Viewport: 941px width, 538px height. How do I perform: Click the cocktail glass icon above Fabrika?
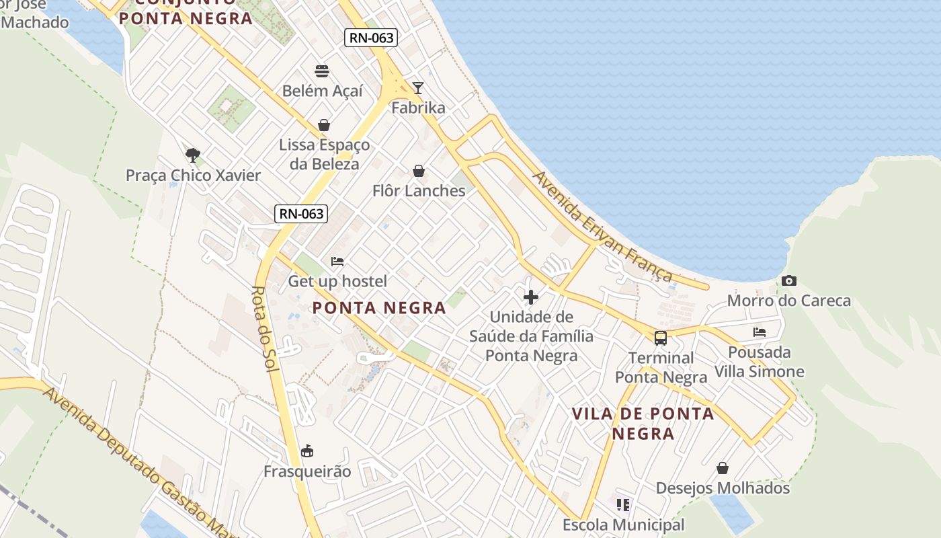[x=418, y=88]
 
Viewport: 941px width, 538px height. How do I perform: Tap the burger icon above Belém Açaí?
[x=322, y=71]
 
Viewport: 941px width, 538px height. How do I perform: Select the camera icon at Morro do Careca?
[x=789, y=281]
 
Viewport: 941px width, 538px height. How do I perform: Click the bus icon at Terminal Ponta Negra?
[x=661, y=338]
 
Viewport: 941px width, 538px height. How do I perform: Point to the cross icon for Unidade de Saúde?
[x=531, y=297]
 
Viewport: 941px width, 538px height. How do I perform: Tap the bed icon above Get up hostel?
[x=337, y=262]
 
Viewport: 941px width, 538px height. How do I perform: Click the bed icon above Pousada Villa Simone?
[x=760, y=332]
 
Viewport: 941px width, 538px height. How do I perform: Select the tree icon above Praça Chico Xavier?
[x=193, y=155]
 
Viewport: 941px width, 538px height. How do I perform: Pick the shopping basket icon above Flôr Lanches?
[x=419, y=171]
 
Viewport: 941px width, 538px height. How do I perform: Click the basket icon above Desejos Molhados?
[x=723, y=468]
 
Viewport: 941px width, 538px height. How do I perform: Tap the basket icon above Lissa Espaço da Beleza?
[x=324, y=125]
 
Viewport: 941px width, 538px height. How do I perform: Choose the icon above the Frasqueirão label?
[x=307, y=451]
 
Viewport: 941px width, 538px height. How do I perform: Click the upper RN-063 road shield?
[x=371, y=38]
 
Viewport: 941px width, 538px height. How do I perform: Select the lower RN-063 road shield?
[x=301, y=214]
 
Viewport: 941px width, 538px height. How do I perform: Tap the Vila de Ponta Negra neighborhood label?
[x=643, y=423]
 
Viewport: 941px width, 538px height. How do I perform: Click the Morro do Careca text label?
[x=789, y=301]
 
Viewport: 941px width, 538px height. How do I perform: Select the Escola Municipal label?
[x=623, y=525]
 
